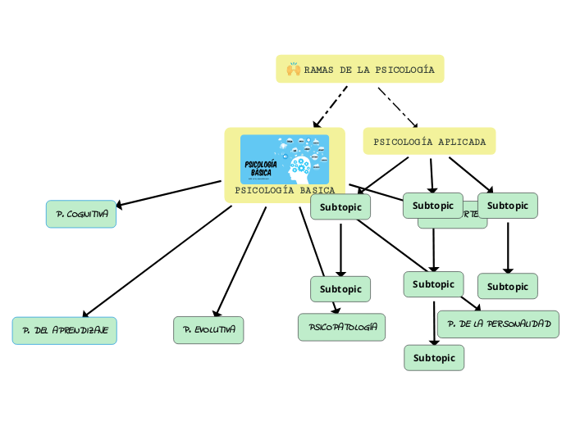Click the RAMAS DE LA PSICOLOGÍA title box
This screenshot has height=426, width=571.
click(360, 70)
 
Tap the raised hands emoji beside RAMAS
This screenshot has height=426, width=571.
click(293, 70)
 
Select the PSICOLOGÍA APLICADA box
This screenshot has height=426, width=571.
click(429, 142)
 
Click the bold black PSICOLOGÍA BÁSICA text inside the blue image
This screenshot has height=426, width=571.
click(261, 169)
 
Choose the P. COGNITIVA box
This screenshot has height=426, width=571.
click(81, 214)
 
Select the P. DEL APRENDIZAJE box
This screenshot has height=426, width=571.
click(65, 330)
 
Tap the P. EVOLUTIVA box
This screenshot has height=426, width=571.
click(208, 330)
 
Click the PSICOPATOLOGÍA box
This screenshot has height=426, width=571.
click(341, 327)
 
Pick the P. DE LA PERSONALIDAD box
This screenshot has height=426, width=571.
click(499, 324)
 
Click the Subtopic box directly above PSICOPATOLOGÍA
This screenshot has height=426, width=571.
click(340, 288)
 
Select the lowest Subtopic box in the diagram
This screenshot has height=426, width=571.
click(434, 358)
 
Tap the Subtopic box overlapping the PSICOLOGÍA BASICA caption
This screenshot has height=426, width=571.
click(340, 207)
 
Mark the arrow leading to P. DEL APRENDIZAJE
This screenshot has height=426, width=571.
click(156, 262)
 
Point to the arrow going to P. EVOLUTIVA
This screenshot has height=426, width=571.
click(240, 261)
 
